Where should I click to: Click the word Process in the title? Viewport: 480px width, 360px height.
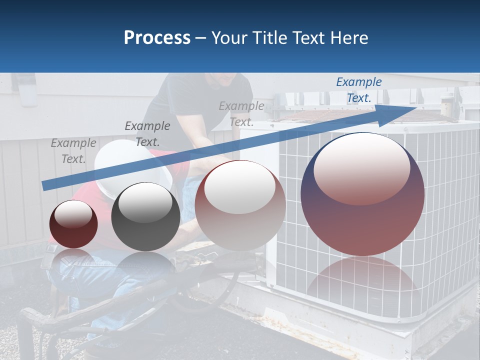tap(157, 38)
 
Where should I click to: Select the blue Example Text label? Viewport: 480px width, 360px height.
tap(359, 90)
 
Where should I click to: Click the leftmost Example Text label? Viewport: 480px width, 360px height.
tap(73, 151)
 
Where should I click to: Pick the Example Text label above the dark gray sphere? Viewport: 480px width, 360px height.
tap(147, 134)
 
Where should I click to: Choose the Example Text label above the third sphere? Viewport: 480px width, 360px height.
tap(241, 114)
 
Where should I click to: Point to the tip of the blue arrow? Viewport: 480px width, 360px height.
tap(414, 107)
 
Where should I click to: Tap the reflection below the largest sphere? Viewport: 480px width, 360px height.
tap(362, 280)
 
